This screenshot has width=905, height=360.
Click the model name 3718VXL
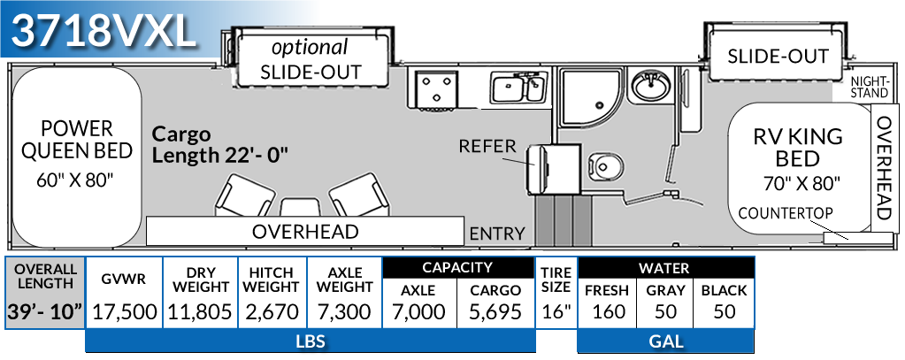(104, 33)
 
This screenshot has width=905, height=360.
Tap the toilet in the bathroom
(606, 166)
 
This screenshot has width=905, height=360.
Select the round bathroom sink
(653, 88)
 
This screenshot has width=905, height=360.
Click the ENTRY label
(497, 234)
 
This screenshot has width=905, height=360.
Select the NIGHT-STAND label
(870, 87)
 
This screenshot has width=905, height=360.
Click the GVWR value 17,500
(124, 311)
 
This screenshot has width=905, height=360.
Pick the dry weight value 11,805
(202, 311)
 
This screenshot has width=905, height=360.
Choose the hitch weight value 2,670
(272, 311)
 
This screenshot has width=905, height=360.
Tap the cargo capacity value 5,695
(496, 311)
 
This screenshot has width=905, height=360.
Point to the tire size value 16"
(556, 311)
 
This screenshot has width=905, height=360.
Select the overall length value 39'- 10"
(45, 311)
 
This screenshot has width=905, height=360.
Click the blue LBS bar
(310, 341)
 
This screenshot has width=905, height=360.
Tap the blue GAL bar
(664, 341)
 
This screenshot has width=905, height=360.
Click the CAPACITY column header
(457, 267)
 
